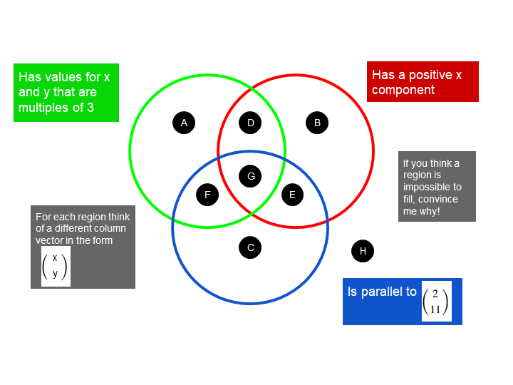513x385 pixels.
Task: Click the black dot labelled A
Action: (184, 123)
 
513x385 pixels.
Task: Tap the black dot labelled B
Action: (317, 123)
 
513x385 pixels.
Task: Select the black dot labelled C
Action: (250, 247)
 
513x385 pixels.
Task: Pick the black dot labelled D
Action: (250, 123)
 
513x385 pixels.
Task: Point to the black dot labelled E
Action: (292, 194)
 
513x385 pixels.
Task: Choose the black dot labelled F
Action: (207, 194)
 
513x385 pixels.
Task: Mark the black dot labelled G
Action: (250, 175)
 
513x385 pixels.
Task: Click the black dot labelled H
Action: (363, 251)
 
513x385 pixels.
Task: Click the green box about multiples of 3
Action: (66, 92)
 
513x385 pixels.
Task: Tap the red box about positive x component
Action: (423, 81)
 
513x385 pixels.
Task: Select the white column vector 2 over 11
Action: (436, 301)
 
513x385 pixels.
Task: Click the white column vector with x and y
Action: (55, 266)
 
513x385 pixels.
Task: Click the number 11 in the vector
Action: (435, 309)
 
